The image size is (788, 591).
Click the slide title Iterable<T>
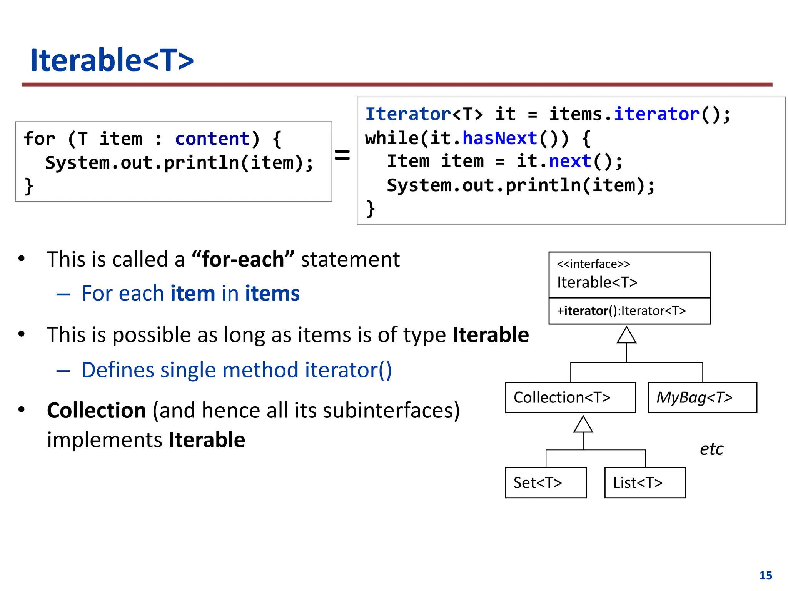112,60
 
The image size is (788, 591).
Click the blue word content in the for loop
212,139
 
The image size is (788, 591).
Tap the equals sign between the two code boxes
342,155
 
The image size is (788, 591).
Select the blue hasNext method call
499,138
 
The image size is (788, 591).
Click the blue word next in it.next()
570,161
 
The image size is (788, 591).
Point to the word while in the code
392,138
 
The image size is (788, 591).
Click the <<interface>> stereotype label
593,264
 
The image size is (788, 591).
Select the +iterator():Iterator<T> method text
621,311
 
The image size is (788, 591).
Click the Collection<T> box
570,397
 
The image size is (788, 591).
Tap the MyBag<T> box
702,397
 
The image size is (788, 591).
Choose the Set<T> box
545,483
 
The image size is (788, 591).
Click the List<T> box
644,483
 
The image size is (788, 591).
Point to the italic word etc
711,449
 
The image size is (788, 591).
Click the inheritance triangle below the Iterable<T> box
626,336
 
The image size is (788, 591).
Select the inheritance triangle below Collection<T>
583,425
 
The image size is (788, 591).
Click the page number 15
765,575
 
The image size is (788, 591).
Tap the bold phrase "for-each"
243,259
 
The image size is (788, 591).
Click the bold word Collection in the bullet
96,410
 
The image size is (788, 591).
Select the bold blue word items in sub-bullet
272,294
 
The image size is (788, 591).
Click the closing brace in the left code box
29,187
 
